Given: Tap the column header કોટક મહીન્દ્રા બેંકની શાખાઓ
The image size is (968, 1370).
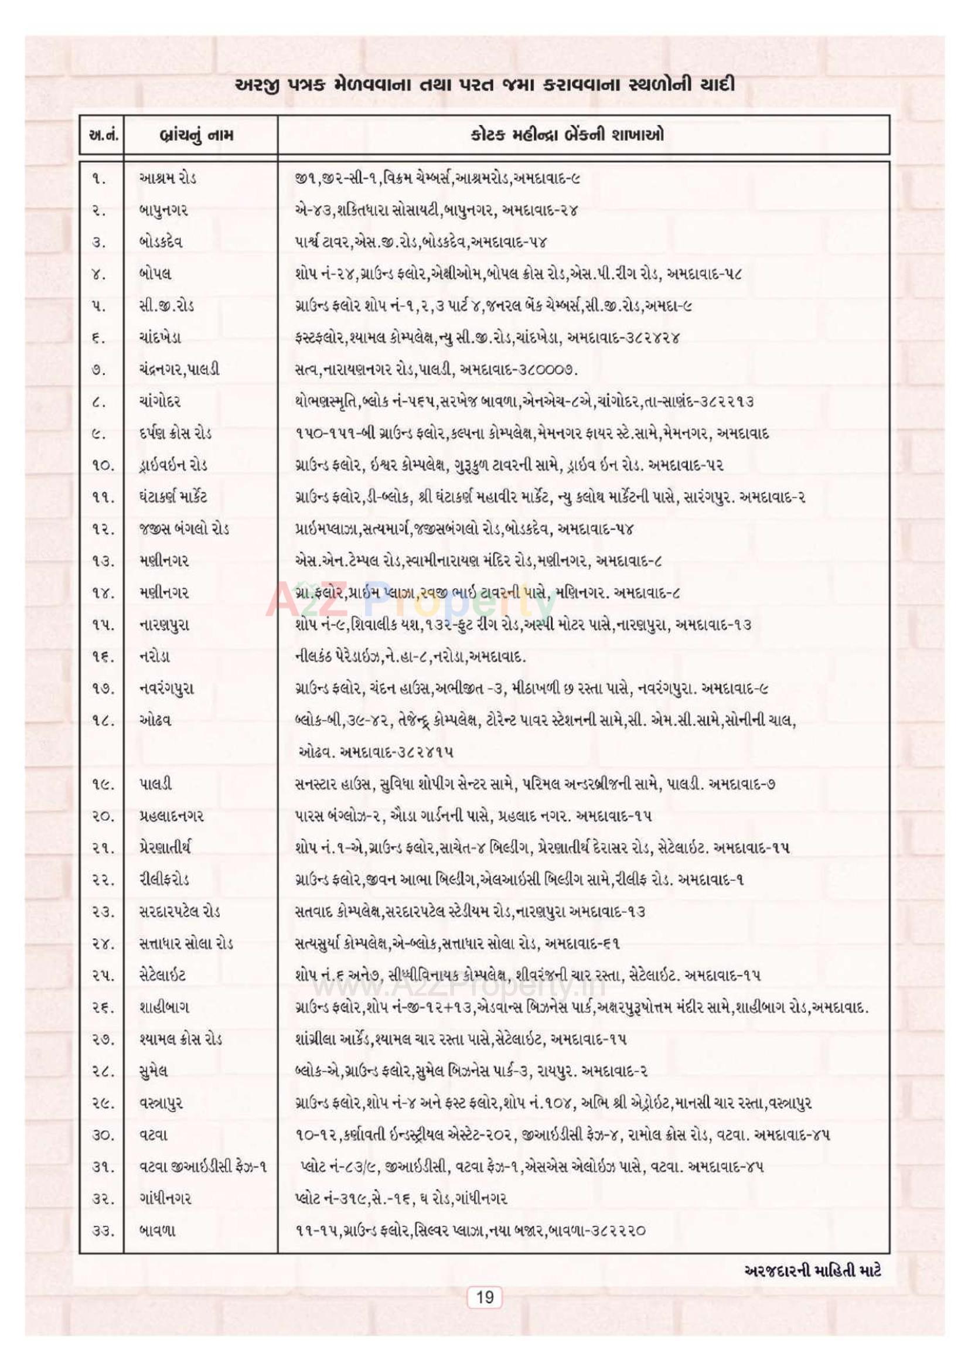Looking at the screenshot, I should click(x=574, y=135).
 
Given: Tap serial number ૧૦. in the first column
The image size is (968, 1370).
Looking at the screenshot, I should click(x=101, y=465).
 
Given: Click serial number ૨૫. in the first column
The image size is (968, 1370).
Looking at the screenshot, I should click(x=101, y=976).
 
